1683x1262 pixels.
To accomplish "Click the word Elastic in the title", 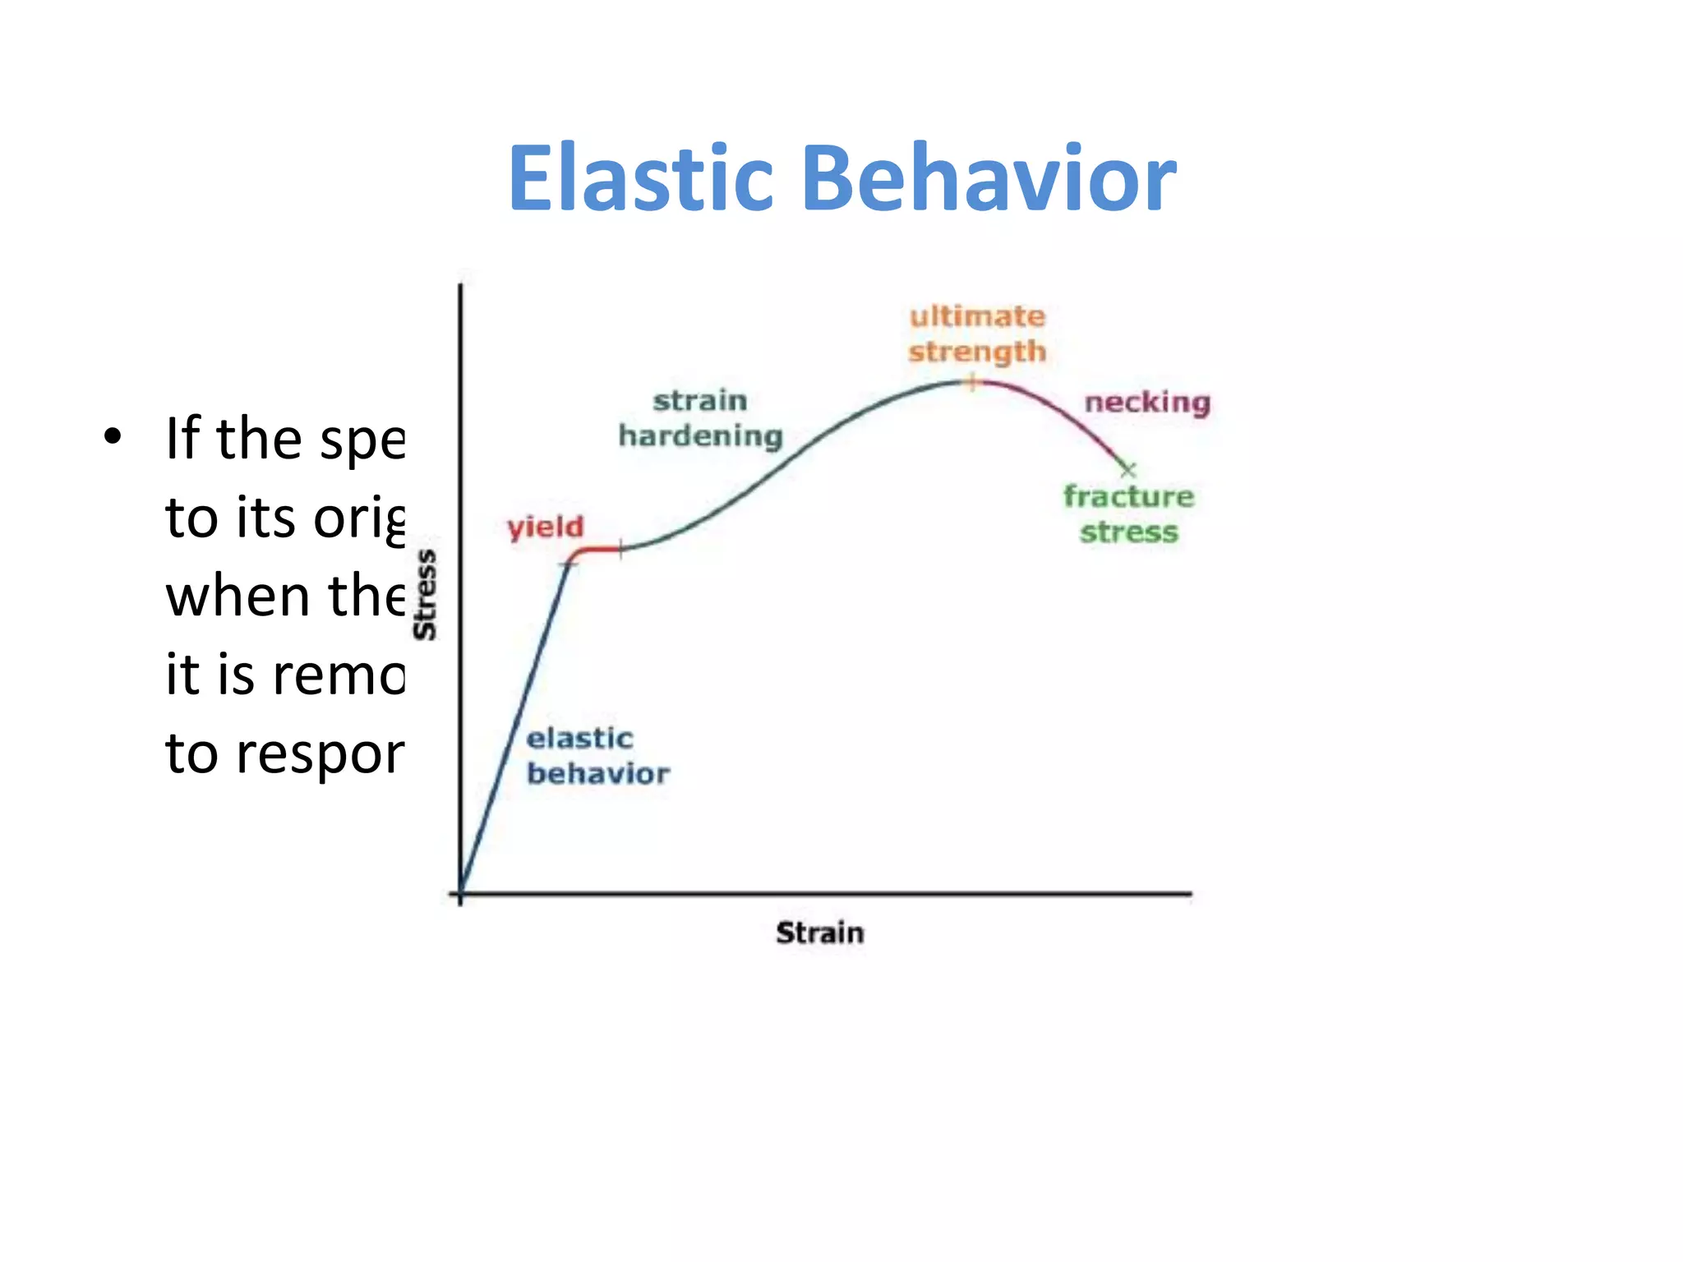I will (641, 178).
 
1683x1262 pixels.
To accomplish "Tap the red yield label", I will (545, 527).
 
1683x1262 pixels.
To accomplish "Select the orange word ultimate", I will (977, 316).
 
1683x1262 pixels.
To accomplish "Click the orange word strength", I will (977, 352).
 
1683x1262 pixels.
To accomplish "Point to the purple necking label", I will (1147, 403).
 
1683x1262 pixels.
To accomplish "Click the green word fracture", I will (1128, 496).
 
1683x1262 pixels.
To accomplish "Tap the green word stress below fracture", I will (1128, 532).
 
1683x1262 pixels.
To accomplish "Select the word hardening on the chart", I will (700, 436).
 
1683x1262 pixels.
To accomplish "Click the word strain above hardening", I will (700, 401).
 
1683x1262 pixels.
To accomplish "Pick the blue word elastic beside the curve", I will (579, 738).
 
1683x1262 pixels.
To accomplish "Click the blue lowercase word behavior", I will (598, 774).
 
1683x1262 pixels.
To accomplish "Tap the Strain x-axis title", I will (819, 933).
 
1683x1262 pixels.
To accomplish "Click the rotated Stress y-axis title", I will (425, 595).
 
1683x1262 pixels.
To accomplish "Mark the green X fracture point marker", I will (1127, 470).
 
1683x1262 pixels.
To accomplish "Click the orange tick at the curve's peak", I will (972, 382).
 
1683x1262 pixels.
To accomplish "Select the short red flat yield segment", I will (598, 549).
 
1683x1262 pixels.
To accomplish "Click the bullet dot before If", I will (113, 437).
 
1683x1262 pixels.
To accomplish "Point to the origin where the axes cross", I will (460, 893).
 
